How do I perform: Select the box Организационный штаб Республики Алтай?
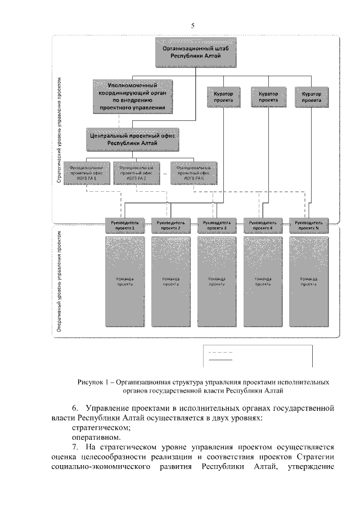pyautogui.click(x=195, y=53)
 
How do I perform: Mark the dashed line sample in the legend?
pyautogui.click(x=220, y=353)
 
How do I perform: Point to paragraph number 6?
pyautogui.click(x=75, y=407)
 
